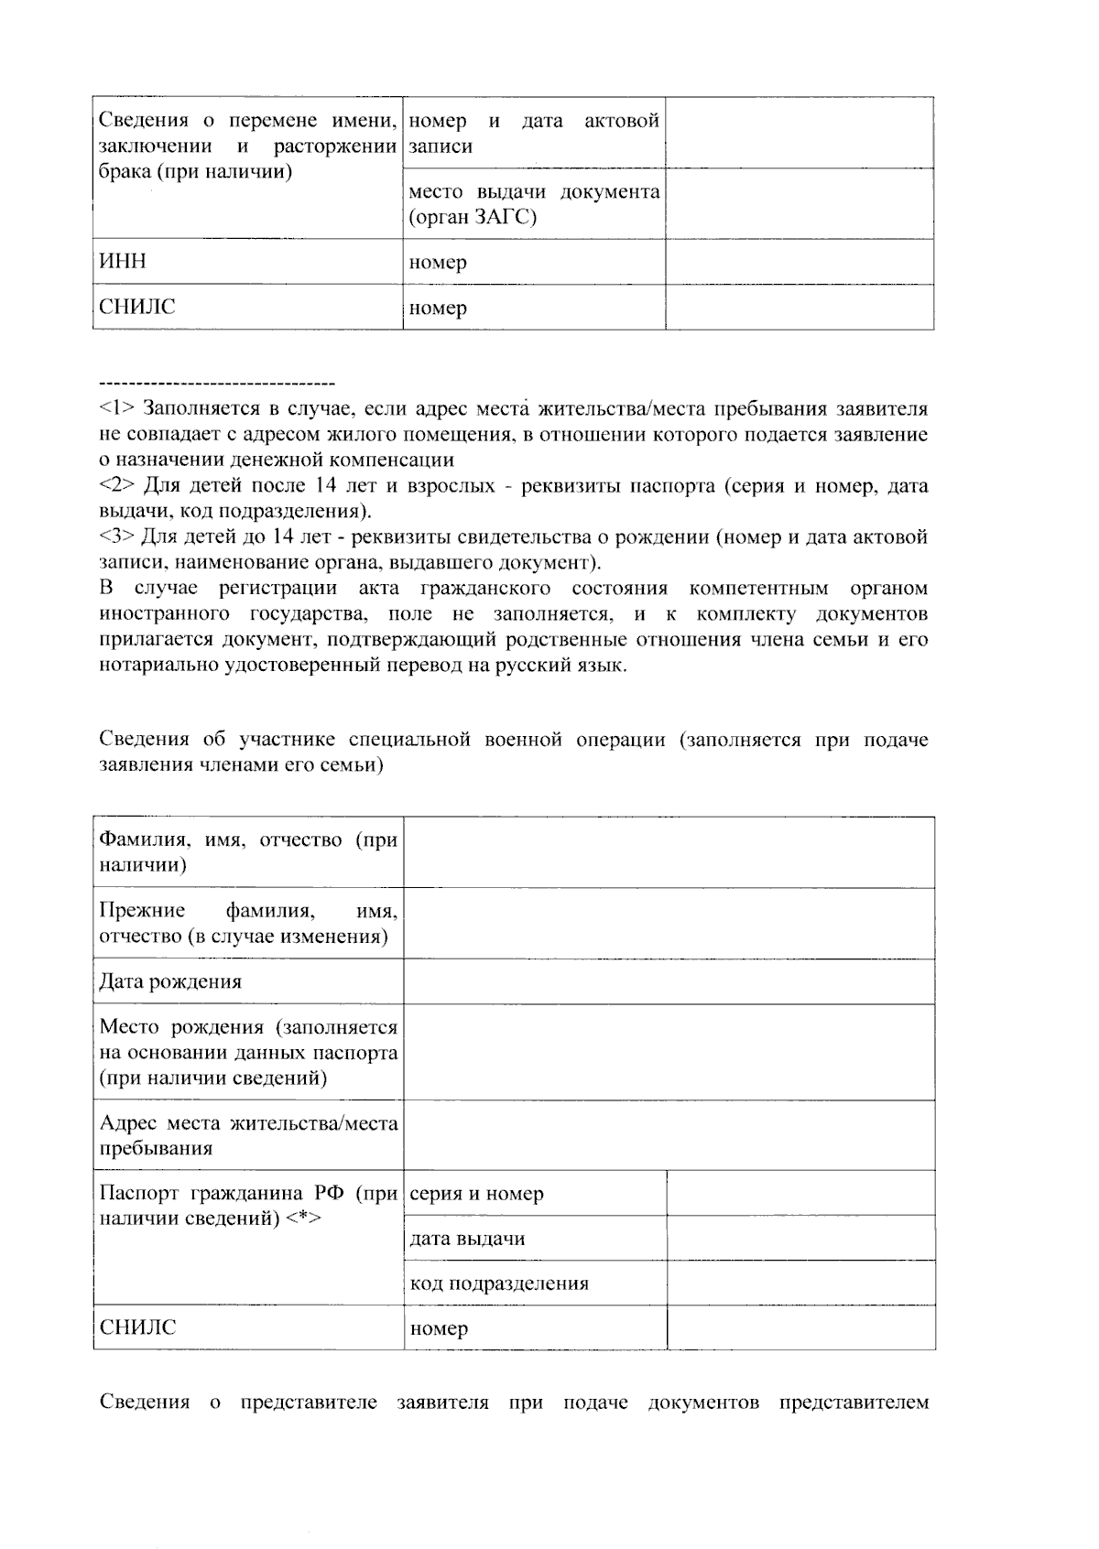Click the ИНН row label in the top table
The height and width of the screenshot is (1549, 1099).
(x=123, y=262)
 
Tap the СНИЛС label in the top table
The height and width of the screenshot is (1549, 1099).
(x=137, y=307)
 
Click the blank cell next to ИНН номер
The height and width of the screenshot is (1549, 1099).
(x=799, y=262)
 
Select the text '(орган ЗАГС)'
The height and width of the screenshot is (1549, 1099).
(x=473, y=218)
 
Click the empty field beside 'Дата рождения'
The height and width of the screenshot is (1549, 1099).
(x=669, y=982)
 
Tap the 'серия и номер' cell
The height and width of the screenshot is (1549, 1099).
(x=476, y=1194)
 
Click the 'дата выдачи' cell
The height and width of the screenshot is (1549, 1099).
(x=467, y=1239)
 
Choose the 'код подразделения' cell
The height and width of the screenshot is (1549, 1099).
(x=499, y=1284)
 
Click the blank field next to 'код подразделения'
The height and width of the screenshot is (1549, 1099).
(x=800, y=1284)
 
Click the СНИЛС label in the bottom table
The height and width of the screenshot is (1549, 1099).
(x=137, y=1327)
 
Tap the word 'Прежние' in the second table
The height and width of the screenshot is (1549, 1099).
(x=142, y=911)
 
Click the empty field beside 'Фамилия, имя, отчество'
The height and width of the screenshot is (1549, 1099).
(x=669, y=852)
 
